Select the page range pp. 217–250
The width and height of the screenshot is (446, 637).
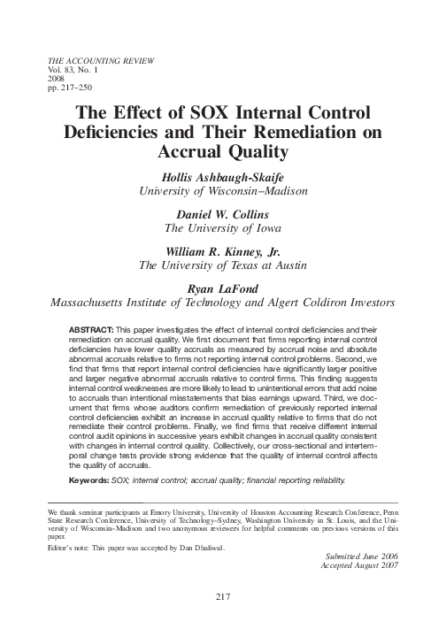tap(66, 87)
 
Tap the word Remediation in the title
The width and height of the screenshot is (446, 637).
tap(294, 134)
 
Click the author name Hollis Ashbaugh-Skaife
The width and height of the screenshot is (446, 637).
tap(223, 175)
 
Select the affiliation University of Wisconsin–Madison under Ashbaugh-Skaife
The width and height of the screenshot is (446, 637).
tap(223, 189)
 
